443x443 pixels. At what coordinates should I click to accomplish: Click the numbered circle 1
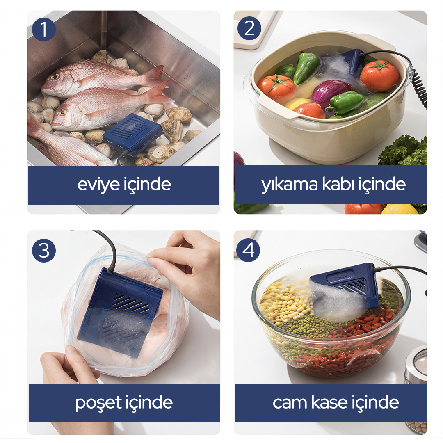(44, 30)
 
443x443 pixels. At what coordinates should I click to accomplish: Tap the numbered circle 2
(249, 28)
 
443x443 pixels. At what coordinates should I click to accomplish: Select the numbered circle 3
(44, 250)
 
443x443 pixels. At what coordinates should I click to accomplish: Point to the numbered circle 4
(248, 250)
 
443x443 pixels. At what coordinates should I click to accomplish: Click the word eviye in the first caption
(98, 185)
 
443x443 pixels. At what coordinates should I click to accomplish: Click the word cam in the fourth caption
(290, 403)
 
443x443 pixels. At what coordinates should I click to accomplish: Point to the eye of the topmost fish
(55, 77)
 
